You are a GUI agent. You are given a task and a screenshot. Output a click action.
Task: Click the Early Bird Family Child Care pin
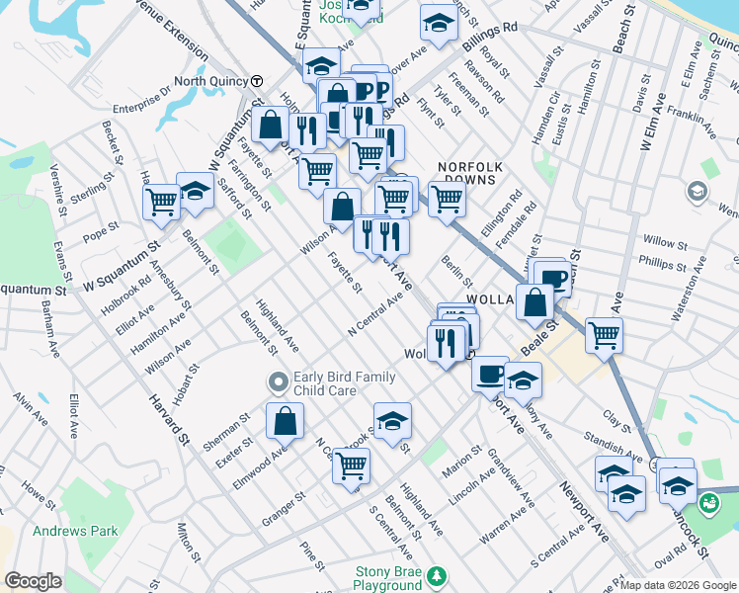coord(279,381)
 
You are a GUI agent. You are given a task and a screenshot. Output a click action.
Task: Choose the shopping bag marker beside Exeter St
coord(285,421)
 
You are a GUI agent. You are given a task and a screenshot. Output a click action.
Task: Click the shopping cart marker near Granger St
coord(351,465)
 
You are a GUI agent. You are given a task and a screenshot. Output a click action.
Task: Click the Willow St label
coord(664,242)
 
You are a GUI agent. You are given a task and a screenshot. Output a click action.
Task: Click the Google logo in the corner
coord(33,581)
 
